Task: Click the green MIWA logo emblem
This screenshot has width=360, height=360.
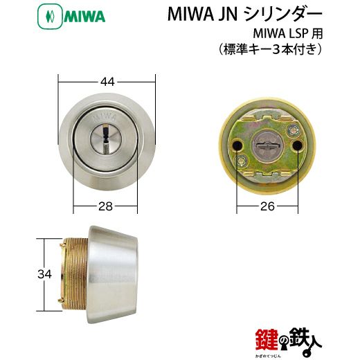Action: click(x=50, y=17)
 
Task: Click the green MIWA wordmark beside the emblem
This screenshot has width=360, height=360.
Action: click(x=84, y=17)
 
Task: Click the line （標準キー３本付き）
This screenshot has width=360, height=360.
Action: click(x=269, y=50)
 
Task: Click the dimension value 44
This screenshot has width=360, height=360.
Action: click(x=107, y=82)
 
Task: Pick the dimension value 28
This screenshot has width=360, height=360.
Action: click(x=105, y=206)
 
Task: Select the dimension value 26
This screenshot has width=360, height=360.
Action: click(x=267, y=206)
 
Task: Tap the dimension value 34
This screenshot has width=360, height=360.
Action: click(x=45, y=274)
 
